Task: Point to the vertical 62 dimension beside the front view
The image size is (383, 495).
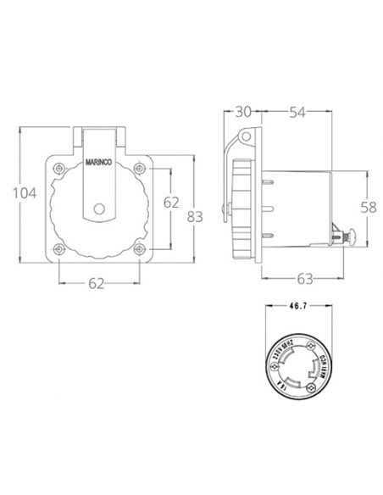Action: [x=171, y=202]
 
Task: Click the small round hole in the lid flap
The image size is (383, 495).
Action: [x=102, y=208]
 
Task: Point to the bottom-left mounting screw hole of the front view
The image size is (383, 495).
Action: [x=59, y=248]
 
